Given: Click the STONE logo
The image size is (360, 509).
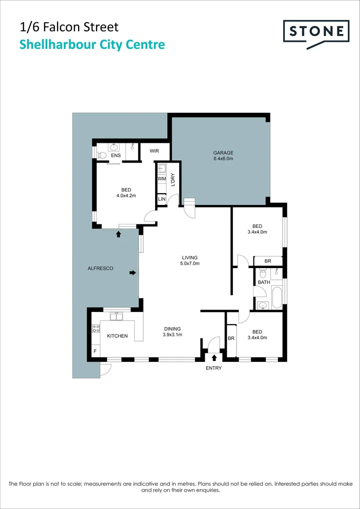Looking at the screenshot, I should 316,32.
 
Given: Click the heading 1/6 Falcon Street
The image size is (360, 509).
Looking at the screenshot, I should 69,27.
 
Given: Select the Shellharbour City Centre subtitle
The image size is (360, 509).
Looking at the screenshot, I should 92,45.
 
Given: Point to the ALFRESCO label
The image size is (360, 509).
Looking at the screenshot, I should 101,268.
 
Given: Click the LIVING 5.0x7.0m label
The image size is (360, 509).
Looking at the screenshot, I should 190,261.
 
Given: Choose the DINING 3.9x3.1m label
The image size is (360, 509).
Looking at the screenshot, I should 172,332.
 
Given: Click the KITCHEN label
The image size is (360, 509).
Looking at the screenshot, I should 117,336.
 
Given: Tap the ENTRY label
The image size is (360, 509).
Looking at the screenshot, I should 213,368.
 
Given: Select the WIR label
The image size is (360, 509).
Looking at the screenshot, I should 154,151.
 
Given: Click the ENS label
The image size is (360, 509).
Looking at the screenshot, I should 115,156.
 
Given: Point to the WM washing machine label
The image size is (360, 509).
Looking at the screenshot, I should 162,179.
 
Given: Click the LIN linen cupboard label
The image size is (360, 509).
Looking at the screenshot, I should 162,199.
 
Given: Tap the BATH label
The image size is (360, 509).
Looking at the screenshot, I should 264,282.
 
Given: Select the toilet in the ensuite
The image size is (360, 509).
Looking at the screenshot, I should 102,155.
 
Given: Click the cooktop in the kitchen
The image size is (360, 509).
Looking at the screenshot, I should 96,328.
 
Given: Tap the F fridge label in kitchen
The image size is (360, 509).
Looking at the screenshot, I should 95,351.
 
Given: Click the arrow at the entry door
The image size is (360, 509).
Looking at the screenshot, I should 214,358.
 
